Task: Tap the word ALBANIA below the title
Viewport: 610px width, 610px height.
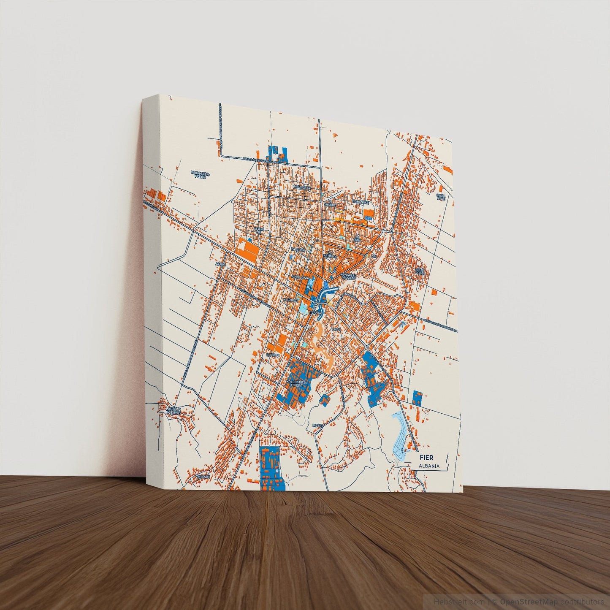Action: (x=428, y=466)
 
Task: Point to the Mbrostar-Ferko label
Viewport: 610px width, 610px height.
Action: (x=200, y=174)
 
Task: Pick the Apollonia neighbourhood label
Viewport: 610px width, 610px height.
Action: (x=300, y=277)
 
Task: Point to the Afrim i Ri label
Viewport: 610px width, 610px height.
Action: (x=258, y=230)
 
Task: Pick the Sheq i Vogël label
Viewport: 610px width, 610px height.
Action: (x=420, y=271)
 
